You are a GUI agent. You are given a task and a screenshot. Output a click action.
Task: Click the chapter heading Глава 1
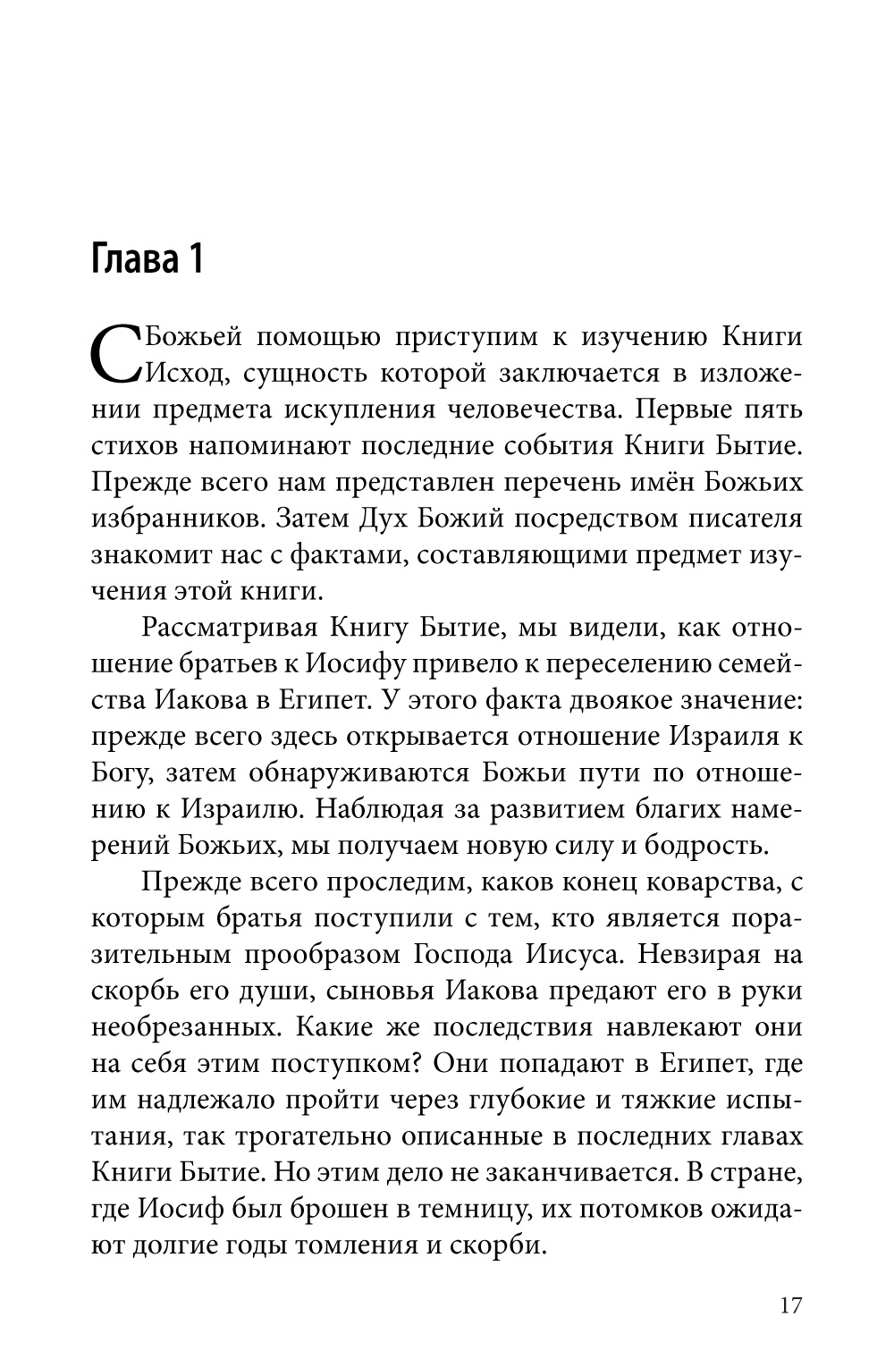click(x=148, y=258)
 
